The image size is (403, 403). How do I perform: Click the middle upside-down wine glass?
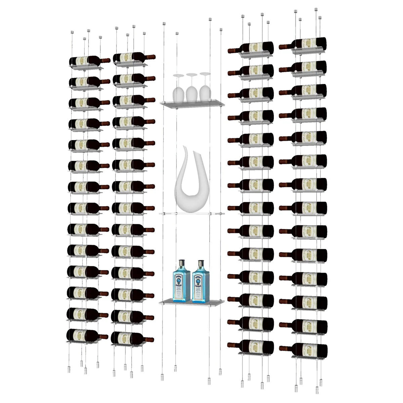click(191, 88)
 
